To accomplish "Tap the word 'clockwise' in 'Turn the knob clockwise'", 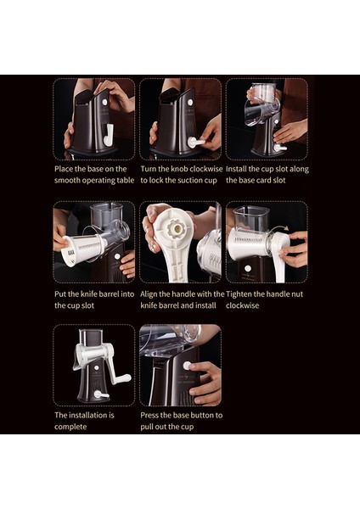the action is [206, 169].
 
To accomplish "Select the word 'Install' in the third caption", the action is [236, 169].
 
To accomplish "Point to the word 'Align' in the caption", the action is [149, 294].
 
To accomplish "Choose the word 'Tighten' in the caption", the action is [239, 294].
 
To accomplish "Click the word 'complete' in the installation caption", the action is [70, 427].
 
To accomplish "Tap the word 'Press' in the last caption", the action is [149, 415].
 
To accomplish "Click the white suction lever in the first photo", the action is [109, 135].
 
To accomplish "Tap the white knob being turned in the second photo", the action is [195, 143].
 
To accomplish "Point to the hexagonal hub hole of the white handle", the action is [177, 229].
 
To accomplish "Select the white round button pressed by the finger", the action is [187, 366].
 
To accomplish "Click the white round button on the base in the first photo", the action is [104, 102].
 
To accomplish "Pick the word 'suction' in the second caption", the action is [191, 181].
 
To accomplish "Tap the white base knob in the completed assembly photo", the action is [101, 394].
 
